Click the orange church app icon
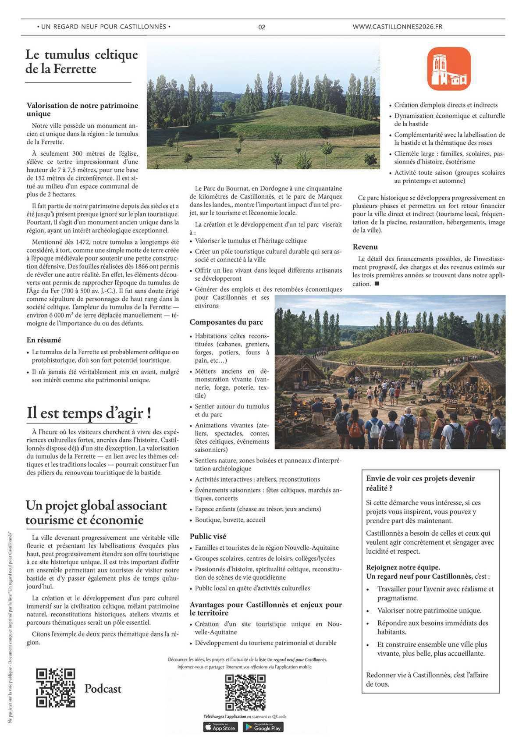[449, 69]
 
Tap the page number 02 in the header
[262, 27]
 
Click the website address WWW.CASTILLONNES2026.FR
[397, 27]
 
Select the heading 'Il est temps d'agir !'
[89, 413]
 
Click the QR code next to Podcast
[55, 688]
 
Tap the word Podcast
[103, 689]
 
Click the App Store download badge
[220, 727]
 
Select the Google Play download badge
[263, 727]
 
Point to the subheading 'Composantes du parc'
[226, 322]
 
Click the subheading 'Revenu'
[365, 247]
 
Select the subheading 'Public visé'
[208, 536]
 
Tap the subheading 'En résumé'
[44, 340]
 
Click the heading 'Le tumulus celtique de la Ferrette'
[82, 61]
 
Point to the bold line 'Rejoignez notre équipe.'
[403, 567]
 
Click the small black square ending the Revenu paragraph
[377, 284]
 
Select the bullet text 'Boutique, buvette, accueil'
[230, 520]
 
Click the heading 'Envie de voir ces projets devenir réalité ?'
[420, 483]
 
